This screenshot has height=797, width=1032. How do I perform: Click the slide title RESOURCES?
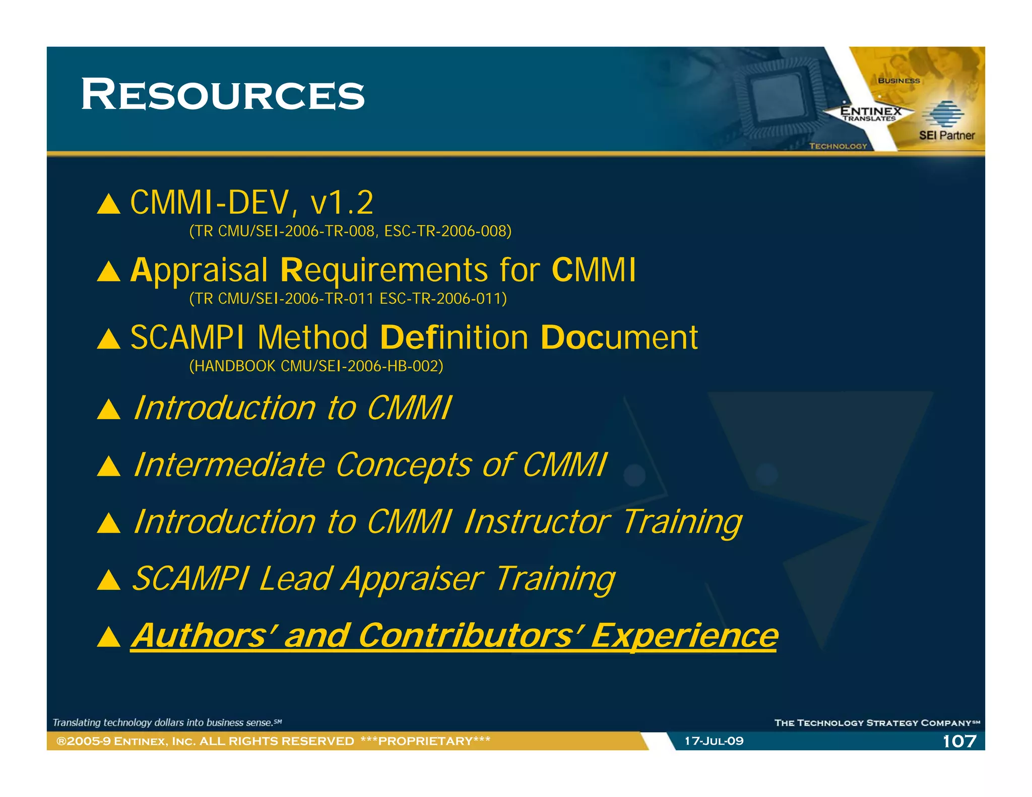(222, 95)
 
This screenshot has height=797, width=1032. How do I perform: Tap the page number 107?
(959, 741)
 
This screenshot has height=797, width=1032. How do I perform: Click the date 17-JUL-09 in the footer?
(714, 741)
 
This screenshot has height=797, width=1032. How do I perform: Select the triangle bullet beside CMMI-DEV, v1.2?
(108, 205)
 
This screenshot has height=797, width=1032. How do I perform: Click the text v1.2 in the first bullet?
(342, 203)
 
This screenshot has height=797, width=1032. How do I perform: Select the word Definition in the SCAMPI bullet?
(454, 338)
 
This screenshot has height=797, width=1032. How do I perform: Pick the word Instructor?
(537, 521)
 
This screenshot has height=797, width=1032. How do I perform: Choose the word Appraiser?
(412, 579)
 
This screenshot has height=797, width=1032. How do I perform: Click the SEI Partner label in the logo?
(946, 135)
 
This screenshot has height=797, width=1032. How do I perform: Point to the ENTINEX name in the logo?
(870, 110)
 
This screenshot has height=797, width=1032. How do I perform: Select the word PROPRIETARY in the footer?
(425, 741)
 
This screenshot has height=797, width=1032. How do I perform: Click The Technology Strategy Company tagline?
(876, 723)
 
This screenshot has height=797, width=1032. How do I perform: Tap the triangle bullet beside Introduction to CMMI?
(108, 410)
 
